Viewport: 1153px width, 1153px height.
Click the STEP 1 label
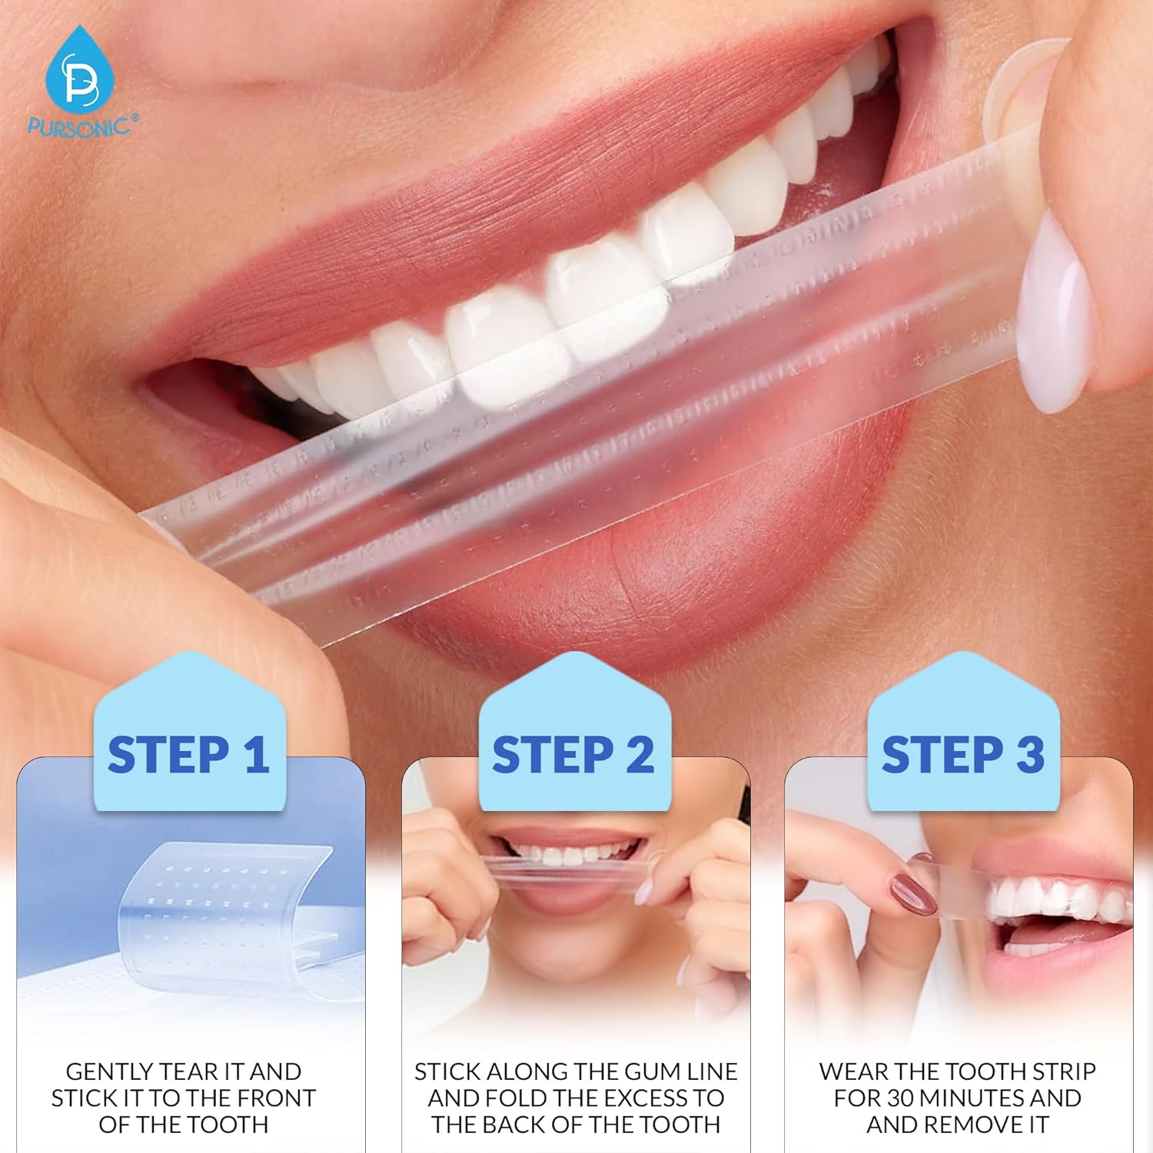coord(188,755)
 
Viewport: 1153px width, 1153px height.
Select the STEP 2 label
coord(573,755)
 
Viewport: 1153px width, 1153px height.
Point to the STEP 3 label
coord(963,755)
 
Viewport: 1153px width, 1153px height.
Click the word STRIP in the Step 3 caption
coord(1061,1072)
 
